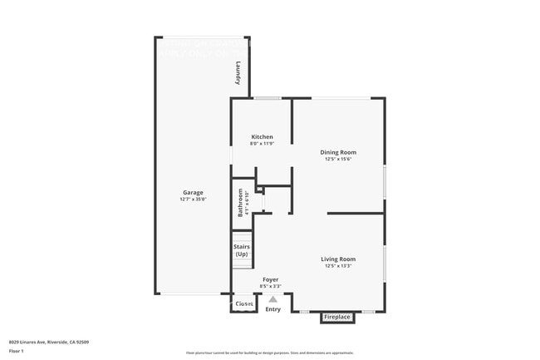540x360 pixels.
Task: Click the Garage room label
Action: tap(193, 193)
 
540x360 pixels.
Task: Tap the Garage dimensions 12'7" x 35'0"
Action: tap(193, 200)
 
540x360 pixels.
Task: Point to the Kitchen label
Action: tap(263, 137)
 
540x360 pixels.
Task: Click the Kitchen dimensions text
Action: tap(263, 144)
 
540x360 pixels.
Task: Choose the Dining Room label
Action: tap(338, 152)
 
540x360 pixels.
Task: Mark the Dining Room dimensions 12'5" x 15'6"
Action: tap(338, 159)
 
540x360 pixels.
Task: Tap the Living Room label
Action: tap(338, 259)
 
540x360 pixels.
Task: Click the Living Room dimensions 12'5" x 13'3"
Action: tap(338, 266)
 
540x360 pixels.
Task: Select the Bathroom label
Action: tap(241, 204)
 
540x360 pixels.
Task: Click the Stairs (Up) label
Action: tap(242, 250)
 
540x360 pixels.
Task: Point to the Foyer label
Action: tap(270, 279)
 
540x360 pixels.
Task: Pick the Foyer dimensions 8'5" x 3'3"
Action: tap(270, 286)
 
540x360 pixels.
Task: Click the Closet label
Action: tap(244, 304)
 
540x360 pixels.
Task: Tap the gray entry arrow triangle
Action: tap(272, 299)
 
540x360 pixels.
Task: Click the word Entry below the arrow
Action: tap(272, 309)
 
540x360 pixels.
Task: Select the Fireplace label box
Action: tap(337, 317)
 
